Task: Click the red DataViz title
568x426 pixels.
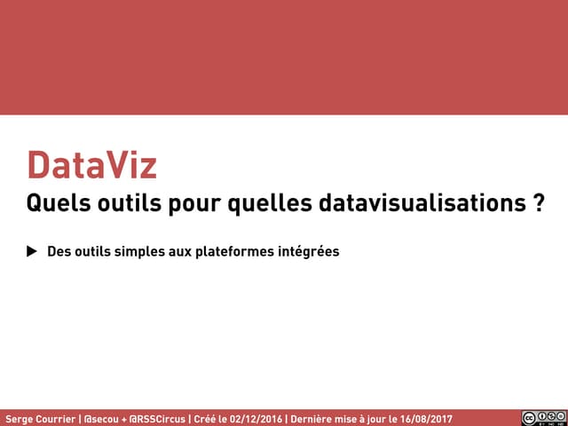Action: (x=91, y=166)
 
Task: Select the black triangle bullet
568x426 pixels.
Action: (x=32, y=251)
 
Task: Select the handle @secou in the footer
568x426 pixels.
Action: (x=101, y=418)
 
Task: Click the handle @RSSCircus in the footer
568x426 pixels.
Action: (x=157, y=418)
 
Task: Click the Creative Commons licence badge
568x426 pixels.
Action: (x=543, y=418)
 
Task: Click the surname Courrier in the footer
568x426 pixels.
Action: (x=56, y=418)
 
